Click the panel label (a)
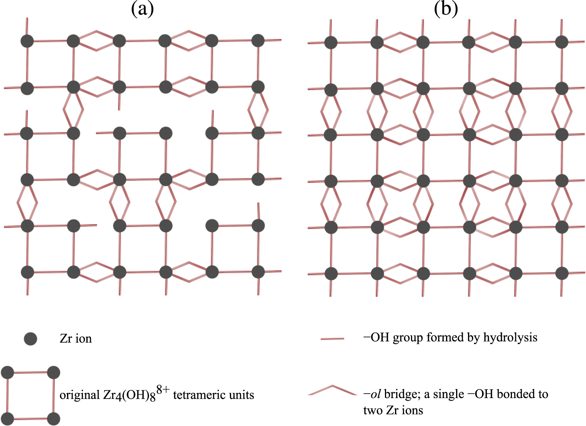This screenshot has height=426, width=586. point(142,9)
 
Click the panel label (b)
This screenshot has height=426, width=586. point(446,9)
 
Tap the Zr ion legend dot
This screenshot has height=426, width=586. point(30,338)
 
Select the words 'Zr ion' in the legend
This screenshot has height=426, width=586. point(76,338)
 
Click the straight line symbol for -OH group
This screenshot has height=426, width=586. point(332,339)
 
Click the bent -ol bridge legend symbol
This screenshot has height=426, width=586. point(332,390)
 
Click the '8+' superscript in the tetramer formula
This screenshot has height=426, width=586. point(163,390)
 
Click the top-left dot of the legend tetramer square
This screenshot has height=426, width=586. point(7,372)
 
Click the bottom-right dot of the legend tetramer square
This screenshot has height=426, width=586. point(54,419)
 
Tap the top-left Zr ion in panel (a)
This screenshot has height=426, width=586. point(27,41)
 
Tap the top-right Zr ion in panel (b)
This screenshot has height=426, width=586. point(561,42)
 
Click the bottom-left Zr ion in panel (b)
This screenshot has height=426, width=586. point(331,274)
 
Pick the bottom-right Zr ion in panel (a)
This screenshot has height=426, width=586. point(258,272)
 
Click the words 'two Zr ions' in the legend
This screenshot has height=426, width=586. point(393,410)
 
